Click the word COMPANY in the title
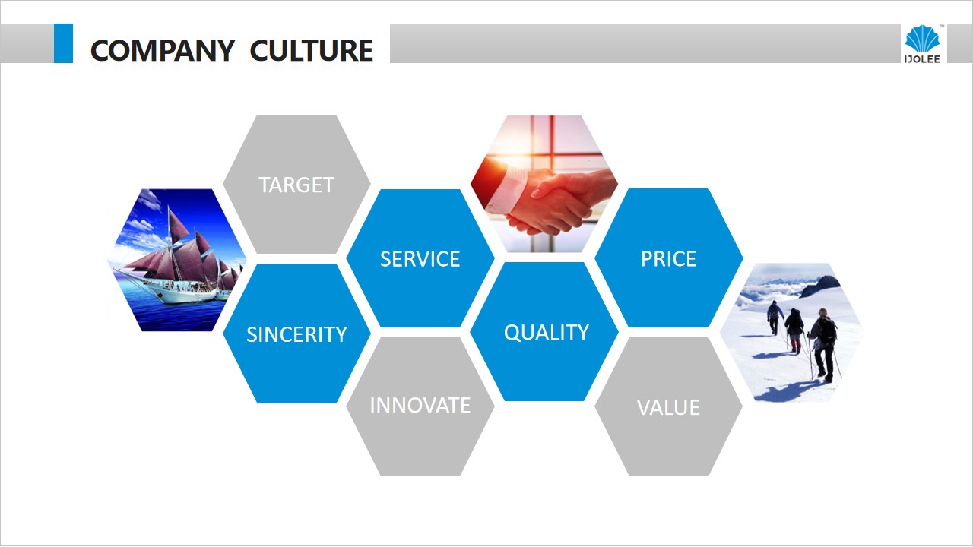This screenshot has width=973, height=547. [x=163, y=50]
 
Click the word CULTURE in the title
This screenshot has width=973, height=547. [x=312, y=50]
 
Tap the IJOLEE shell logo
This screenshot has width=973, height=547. [x=923, y=44]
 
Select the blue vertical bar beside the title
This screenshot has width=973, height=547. [x=63, y=43]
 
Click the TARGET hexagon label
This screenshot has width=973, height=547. [x=296, y=185]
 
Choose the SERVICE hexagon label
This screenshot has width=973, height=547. [x=420, y=259]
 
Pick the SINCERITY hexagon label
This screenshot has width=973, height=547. [x=296, y=334]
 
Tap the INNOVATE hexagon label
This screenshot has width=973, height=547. [x=420, y=405]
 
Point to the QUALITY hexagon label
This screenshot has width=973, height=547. [x=547, y=333]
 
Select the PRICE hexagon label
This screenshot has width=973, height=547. [x=668, y=259]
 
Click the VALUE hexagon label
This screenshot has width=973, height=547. [x=668, y=408]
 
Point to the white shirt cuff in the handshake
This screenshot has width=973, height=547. [x=506, y=191]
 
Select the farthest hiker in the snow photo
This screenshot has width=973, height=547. [x=774, y=318]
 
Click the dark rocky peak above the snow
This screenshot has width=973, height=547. [x=819, y=286]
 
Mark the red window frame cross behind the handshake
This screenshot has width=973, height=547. [x=552, y=153]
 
